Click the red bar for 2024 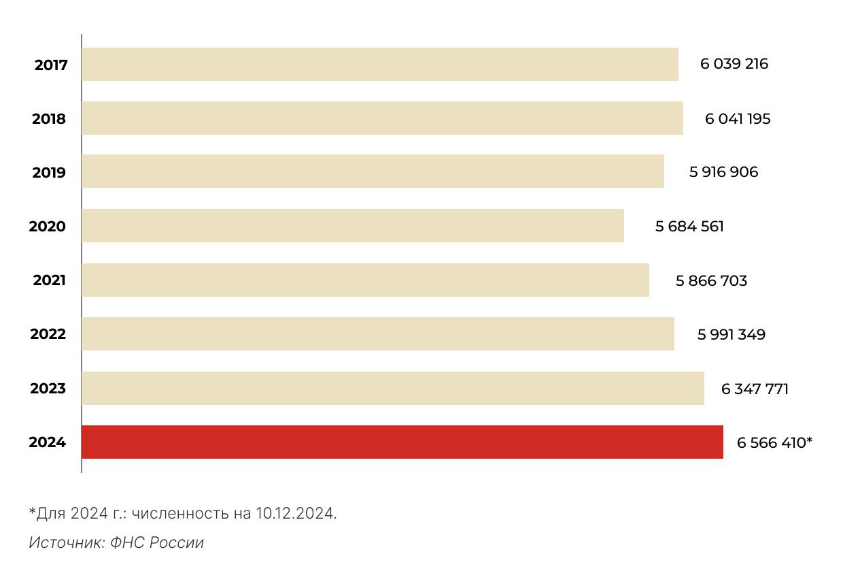point(402,442)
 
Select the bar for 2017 point(379,64)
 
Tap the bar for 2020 point(352,225)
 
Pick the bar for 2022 point(377,333)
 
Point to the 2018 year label point(49,119)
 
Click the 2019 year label point(49,173)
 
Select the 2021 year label point(49,280)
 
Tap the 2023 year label point(48,389)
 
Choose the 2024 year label point(47,442)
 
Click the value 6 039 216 point(734,64)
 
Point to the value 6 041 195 point(738,119)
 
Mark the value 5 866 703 point(711,280)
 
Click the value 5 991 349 point(731,335)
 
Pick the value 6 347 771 point(755,389)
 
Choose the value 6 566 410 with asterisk point(774,443)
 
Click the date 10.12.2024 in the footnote point(296,513)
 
